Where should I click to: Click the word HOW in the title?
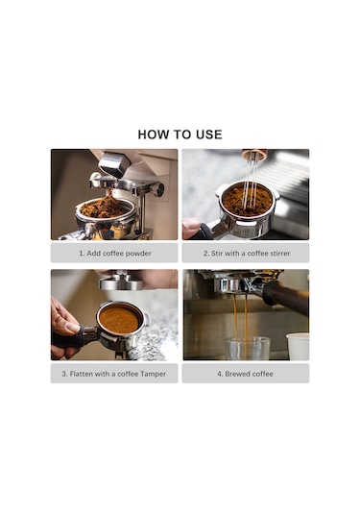[x=155, y=135]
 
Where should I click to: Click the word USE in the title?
[x=206, y=135]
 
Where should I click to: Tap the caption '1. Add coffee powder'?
[x=114, y=254]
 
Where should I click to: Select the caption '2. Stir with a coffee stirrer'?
[x=246, y=254]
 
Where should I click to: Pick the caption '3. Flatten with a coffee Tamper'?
[x=114, y=374]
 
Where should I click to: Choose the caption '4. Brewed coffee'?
[x=246, y=374]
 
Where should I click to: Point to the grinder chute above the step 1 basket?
[x=113, y=165]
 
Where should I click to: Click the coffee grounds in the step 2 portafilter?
[x=246, y=200]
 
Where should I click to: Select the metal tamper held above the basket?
[x=121, y=281]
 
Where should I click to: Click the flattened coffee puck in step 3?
[x=119, y=319]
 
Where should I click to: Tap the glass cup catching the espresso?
[x=247, y=348]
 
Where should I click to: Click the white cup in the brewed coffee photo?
[x=298, y=347]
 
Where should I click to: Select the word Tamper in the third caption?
[x=153, y=374]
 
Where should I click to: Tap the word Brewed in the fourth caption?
[x=239, y=374]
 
